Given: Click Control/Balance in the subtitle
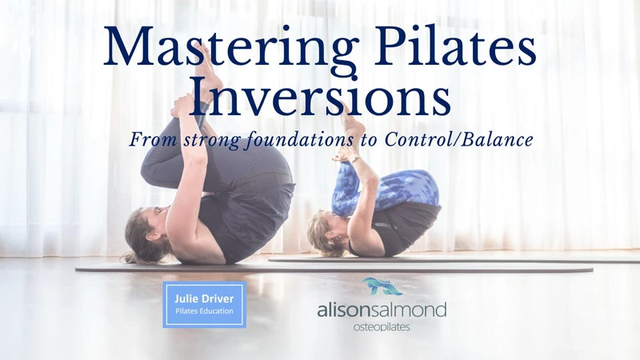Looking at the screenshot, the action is tap(458, 139).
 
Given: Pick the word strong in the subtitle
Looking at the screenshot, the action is tap(212, 141).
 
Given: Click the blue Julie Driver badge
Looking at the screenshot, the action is tap(204, 305).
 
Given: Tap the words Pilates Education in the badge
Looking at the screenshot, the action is tap(204, 311).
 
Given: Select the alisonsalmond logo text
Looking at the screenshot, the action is tap(382, 310).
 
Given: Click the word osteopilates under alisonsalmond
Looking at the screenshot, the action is tap(382, 327).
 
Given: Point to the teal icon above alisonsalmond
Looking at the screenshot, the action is tap(382, 286).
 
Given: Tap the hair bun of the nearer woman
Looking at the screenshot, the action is tap(130, 258).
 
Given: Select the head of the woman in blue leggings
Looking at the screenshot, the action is tap(326, 234).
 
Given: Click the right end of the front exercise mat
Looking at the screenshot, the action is tap(592, 270).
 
